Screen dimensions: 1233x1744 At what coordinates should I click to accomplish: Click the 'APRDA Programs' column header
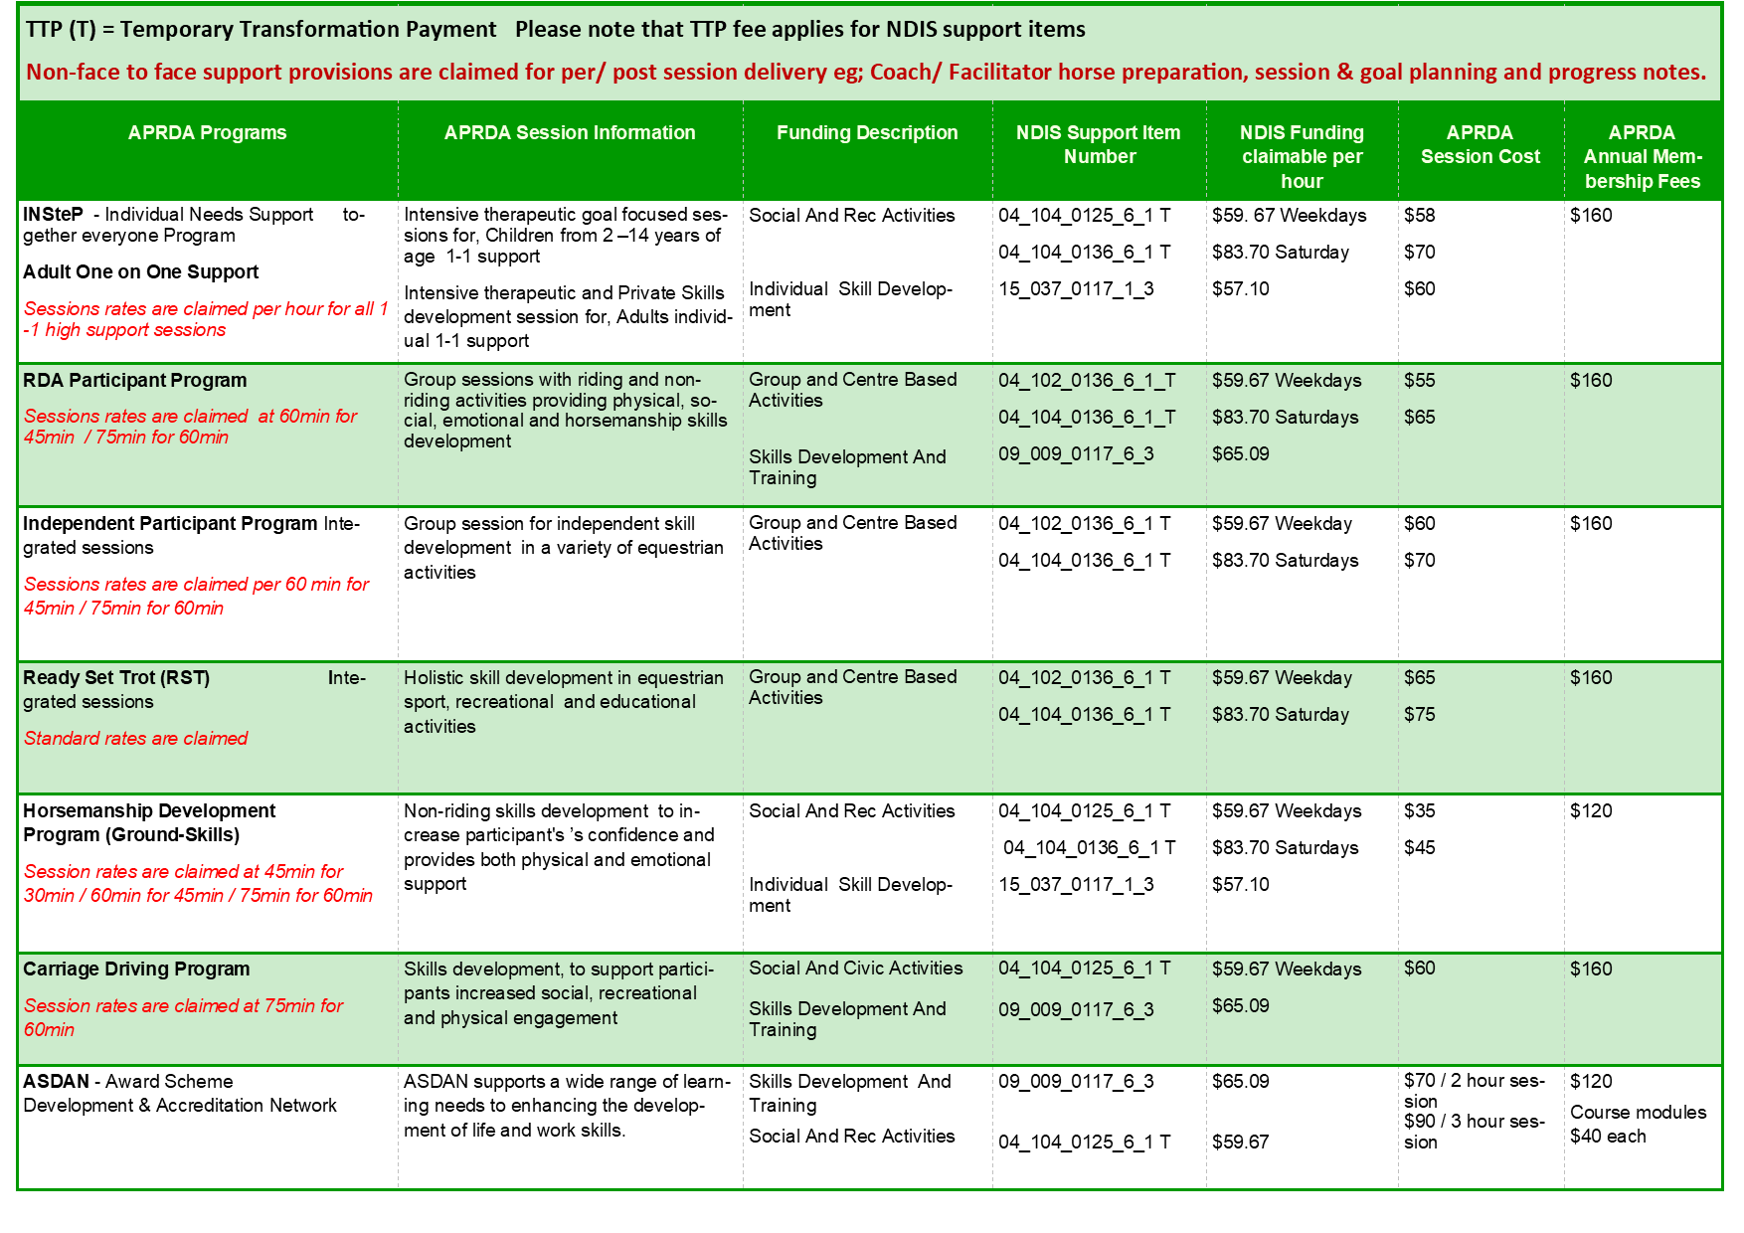coord(207,132)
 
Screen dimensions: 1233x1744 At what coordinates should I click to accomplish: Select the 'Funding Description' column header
coord(867,132)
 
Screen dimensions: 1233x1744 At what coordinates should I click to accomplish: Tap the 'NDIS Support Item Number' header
coord(1098,144)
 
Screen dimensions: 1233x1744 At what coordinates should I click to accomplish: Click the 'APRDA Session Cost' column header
coord(1480,144)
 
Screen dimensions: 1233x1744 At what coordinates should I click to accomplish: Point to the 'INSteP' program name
coord(53,214)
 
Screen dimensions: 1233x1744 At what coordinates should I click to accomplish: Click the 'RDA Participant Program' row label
coord(135,380)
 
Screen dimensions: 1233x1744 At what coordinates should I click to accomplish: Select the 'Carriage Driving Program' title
coord(136,969)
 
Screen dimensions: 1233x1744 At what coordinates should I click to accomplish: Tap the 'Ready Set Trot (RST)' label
coord(116,677)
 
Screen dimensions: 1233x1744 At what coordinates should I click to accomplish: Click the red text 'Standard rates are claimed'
coord(135,738)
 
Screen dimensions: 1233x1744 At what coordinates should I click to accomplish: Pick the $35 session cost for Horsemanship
coord(1419,810)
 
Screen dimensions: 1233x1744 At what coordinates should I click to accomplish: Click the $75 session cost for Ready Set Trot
coord(1419,714)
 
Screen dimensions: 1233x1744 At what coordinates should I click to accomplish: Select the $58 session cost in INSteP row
coord(1419,215)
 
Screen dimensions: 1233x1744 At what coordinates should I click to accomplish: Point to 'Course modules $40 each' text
coord(1638,1124)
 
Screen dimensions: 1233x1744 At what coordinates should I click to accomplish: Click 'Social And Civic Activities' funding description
coord(855,968)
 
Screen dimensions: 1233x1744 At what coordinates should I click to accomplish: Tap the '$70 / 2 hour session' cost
coord(1474,1090)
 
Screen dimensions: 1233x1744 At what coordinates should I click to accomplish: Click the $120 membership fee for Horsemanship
coord(1591,810)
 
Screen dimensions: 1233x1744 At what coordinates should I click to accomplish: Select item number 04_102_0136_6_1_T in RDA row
coord(1087,380)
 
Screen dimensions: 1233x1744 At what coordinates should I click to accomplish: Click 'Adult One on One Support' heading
coord(140,271)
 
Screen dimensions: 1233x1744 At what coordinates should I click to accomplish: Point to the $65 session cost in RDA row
coord(1419,417)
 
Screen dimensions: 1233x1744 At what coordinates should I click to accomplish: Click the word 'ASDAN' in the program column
coord(56,1081)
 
